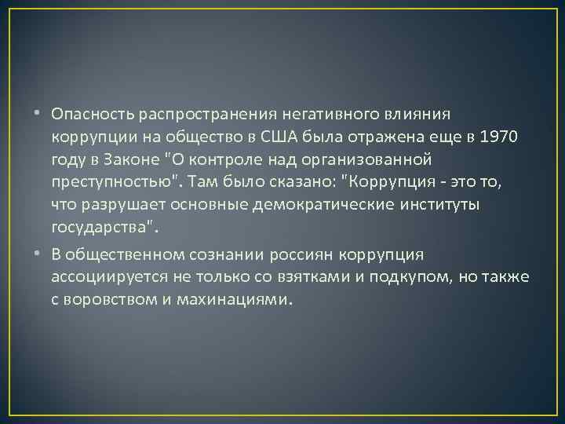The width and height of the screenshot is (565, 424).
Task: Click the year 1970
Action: coord(497,138)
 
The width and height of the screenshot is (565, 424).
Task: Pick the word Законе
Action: coord(126,161)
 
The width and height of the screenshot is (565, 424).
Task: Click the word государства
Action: coord(101,229)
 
